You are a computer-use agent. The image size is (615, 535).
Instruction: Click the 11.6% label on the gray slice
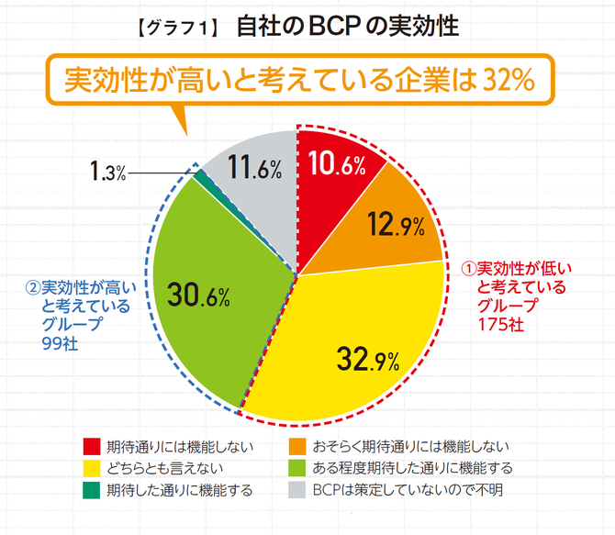point(254,167)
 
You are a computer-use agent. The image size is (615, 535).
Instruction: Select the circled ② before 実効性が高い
point(33,286)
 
